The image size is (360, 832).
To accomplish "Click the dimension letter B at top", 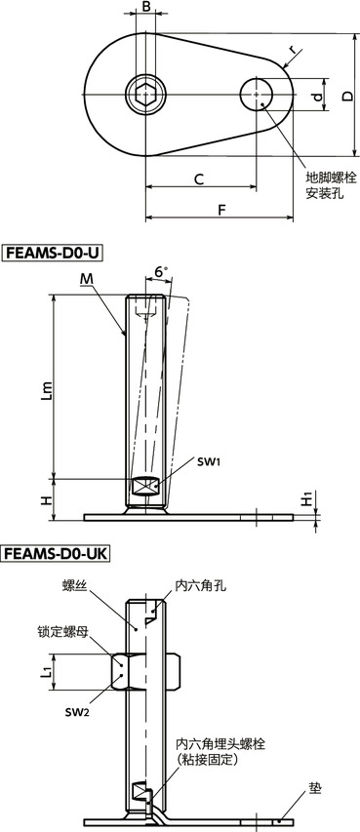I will tap(145, 8).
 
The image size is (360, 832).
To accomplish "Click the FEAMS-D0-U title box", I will tap(53, 254).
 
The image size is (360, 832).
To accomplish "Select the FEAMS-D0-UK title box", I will tap(57, 554).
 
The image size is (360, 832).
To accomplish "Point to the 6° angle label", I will tap(161, 272).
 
